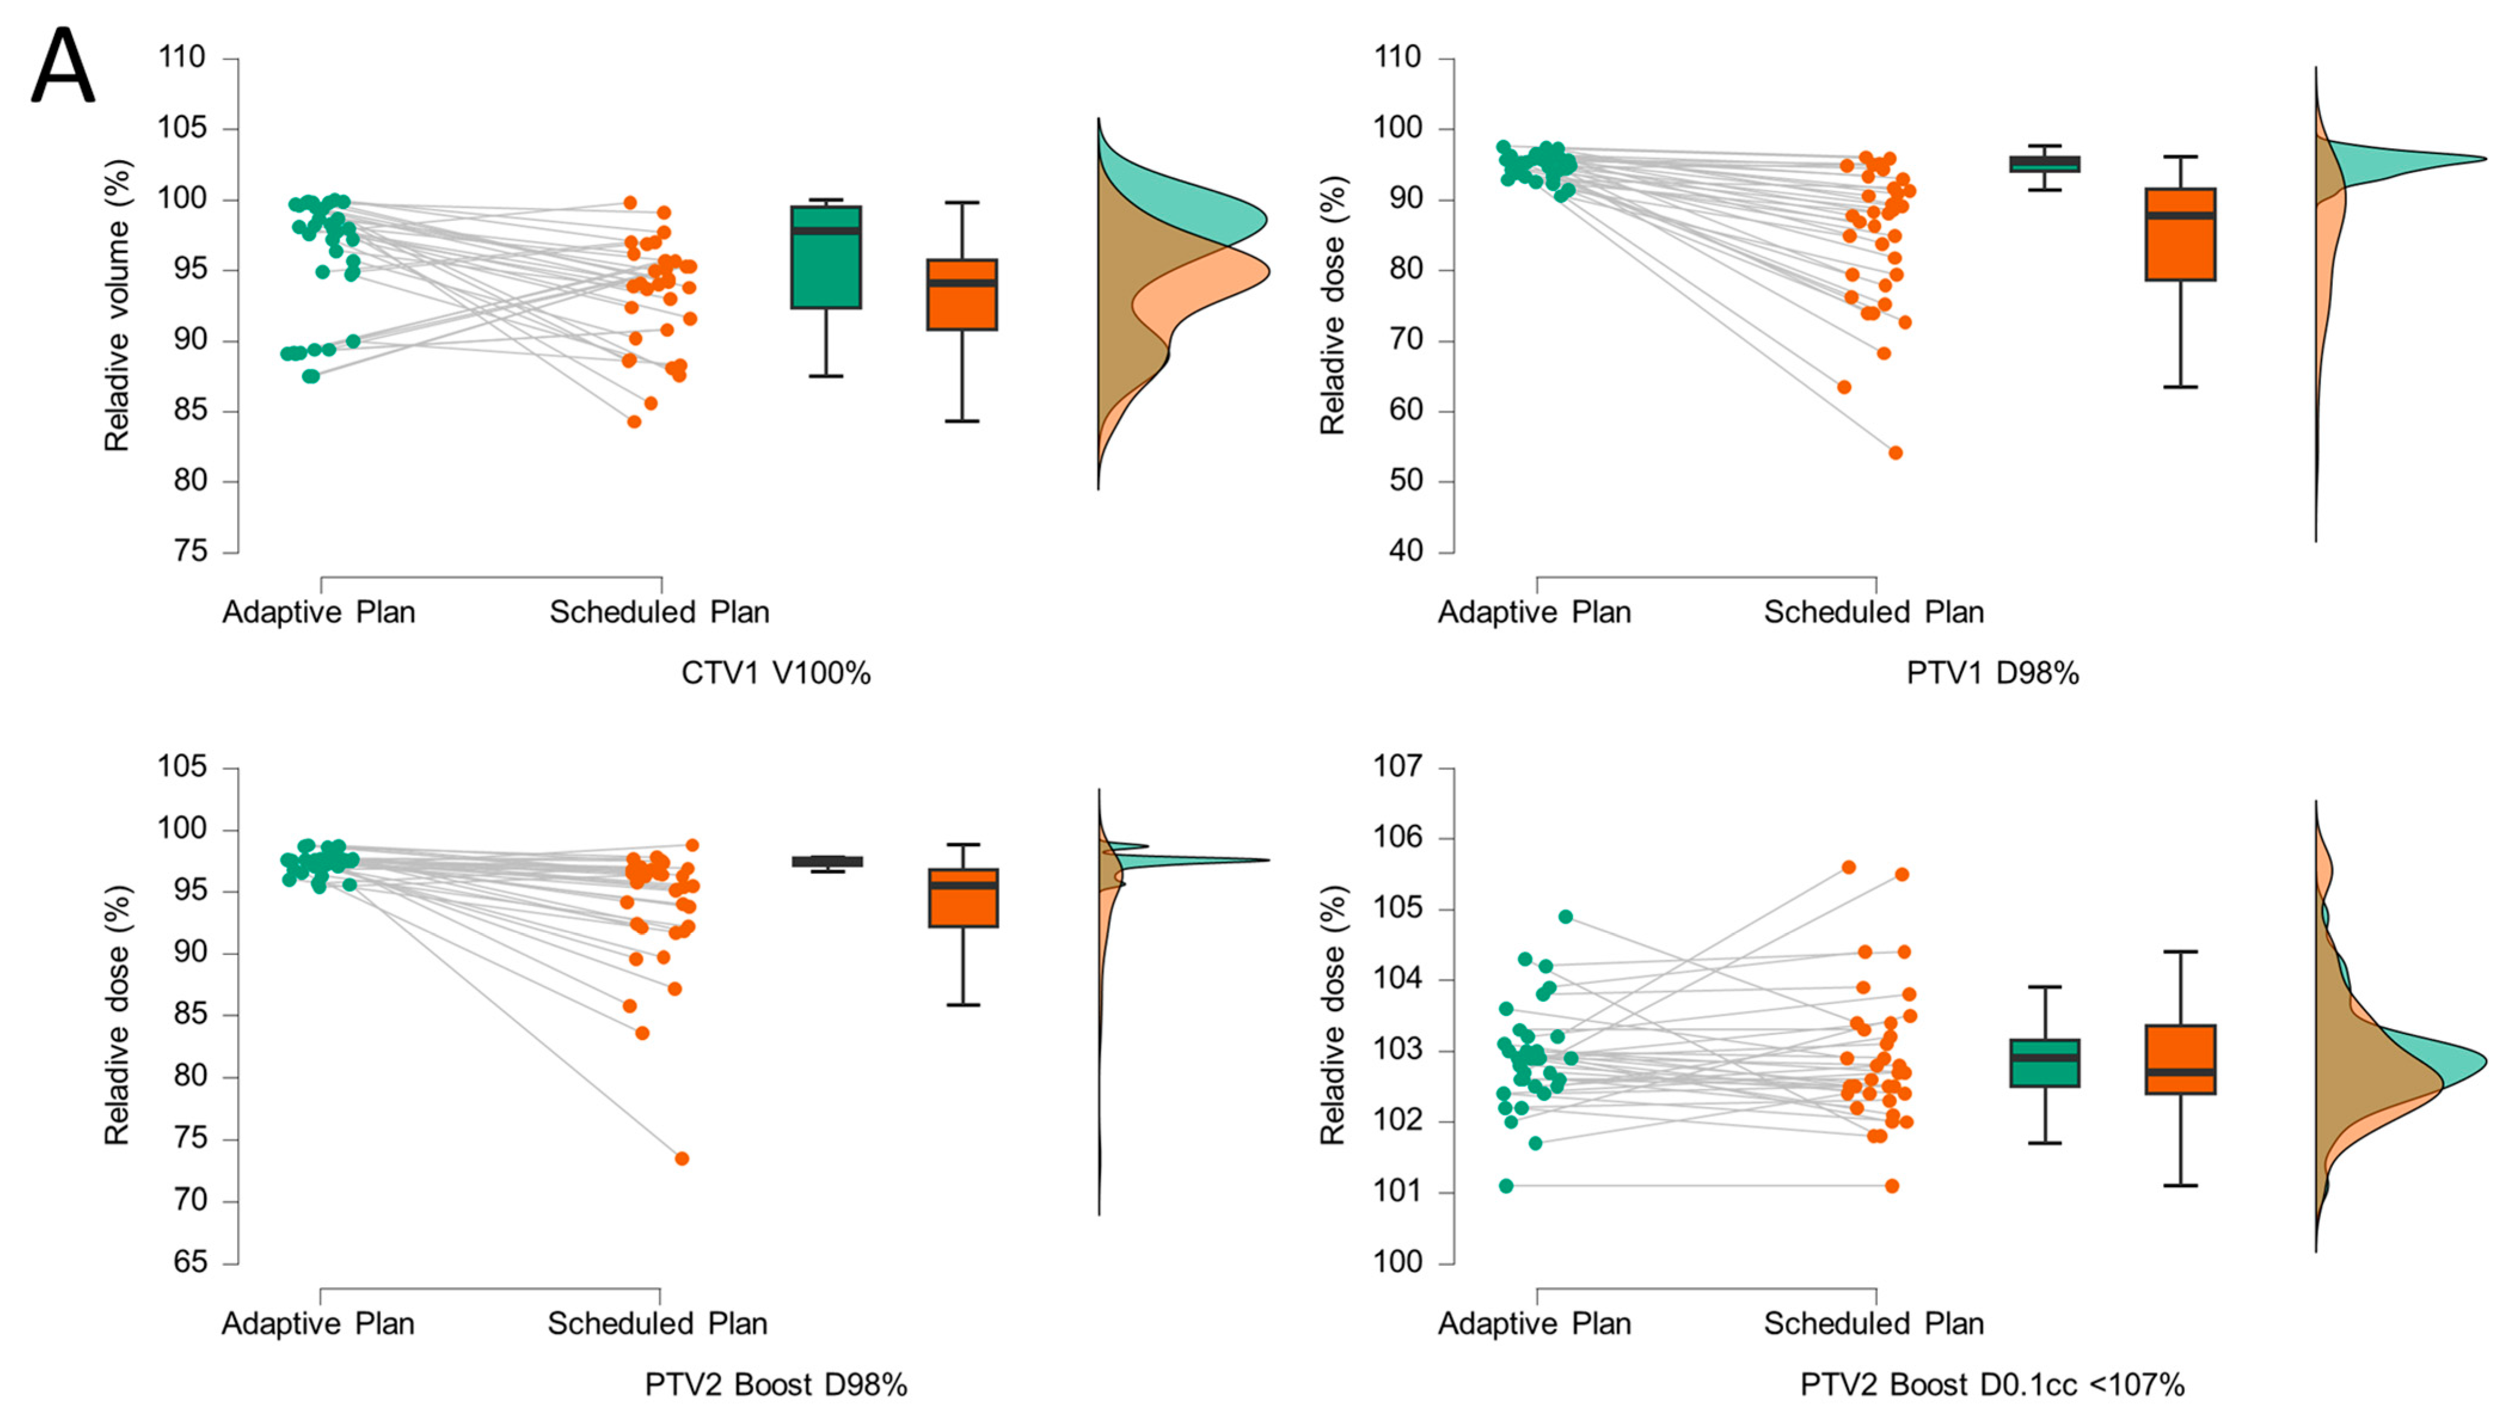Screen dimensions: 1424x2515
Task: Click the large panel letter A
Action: [x=63, y=66]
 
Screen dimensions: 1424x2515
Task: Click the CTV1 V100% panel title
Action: [x=775, y=673]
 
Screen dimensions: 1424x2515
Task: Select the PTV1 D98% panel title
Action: [x=1992, y=673]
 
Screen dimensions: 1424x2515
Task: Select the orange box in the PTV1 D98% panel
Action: [x=2179, y=235]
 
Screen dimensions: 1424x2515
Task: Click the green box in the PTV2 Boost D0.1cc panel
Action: [x=2044, y=1063]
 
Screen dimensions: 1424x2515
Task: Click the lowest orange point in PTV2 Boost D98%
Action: [x=681, y=1159]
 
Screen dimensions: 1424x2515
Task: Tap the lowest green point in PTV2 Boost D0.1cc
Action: [x=1506, y=1186]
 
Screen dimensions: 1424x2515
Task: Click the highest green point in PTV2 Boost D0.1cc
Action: [x=1565, y=916]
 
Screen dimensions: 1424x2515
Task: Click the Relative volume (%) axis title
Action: [x=117, y=305]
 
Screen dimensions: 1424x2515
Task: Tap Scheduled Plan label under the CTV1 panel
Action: [x=659, y=612]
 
